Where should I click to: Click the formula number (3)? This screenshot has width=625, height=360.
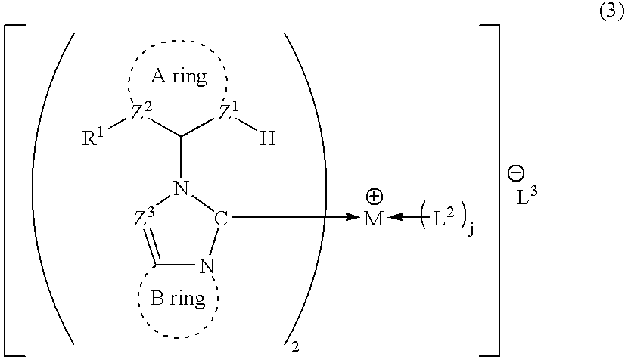coord(611,13)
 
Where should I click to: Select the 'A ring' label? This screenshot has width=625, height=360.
coord(179,76)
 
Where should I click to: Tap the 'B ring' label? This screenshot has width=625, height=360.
coord(178,298)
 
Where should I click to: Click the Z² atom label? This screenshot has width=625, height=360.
coord(141,113)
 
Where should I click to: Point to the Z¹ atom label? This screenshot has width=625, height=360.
coord(229,113)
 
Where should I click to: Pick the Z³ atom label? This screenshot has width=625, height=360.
coord(144,217)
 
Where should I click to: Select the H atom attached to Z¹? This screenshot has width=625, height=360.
coord(268,139)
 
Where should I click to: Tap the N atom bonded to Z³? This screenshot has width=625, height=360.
coord(182,188)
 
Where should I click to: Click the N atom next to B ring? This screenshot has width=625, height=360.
coord(207,266)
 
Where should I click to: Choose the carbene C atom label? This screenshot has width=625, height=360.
coord(221,219)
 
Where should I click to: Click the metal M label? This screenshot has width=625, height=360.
coord(374,219)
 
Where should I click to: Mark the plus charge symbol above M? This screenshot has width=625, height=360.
coord(374,197)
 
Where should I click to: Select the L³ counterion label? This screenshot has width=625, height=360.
coord(527,196)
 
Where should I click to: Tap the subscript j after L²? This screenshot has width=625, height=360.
coord(471,231)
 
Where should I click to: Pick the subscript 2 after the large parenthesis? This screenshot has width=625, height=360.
coord(295,347)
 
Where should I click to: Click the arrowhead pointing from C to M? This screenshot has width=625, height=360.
coord(353,217)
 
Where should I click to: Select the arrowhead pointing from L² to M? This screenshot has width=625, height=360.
coord(396,217)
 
